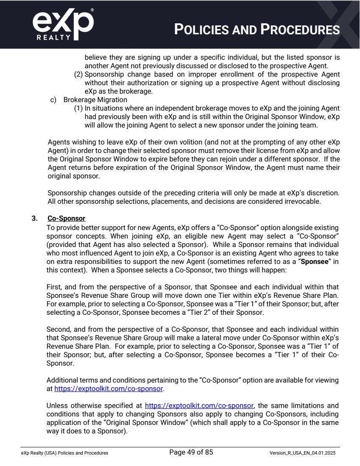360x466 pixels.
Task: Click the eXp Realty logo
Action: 63,25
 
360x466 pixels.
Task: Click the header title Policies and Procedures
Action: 257,30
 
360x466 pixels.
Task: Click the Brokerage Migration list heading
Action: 95,100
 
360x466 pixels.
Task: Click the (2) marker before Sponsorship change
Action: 78,75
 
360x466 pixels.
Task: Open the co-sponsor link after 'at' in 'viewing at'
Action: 109,388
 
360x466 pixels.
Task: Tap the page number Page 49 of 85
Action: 191,452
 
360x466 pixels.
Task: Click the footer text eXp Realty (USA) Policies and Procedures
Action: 64,453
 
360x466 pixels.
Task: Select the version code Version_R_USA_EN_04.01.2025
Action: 304,453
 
